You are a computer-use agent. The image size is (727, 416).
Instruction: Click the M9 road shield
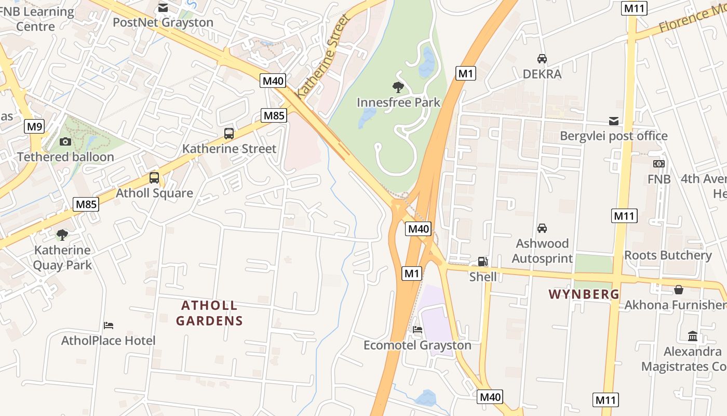[35, 126]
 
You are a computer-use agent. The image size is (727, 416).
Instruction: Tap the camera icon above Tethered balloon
[65, 141]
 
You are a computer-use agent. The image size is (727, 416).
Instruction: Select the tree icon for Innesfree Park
[398, 87]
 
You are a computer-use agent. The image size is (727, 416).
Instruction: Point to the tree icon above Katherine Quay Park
[62, 235]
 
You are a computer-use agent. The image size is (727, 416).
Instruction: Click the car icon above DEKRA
[542, 58]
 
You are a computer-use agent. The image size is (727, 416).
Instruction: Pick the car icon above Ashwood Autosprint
[542, 228]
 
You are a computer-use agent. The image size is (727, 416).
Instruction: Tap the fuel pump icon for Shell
[482, 262]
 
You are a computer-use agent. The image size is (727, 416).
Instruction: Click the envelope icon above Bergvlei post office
[614, 121]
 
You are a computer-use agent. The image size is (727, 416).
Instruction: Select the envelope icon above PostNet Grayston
[163, 7]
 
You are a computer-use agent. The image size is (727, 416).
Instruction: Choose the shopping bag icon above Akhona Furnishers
[678, 290]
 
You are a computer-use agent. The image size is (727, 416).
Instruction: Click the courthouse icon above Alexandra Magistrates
[692, 336]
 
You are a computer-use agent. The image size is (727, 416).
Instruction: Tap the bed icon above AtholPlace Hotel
[109, 326]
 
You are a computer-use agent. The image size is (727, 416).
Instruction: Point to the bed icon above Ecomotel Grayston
[418, 329]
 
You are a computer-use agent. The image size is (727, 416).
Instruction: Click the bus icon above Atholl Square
[154, 177]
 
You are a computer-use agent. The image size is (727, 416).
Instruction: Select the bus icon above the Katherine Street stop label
[229, 133]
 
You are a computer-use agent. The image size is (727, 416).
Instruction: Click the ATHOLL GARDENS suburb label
[209, 313]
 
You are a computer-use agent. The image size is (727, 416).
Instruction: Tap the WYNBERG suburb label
[584, 294]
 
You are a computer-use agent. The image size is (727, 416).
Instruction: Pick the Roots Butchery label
[668, 255]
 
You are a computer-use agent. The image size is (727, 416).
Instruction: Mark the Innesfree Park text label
[398, 102]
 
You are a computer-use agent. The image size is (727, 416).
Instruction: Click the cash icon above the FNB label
[659, 164]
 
